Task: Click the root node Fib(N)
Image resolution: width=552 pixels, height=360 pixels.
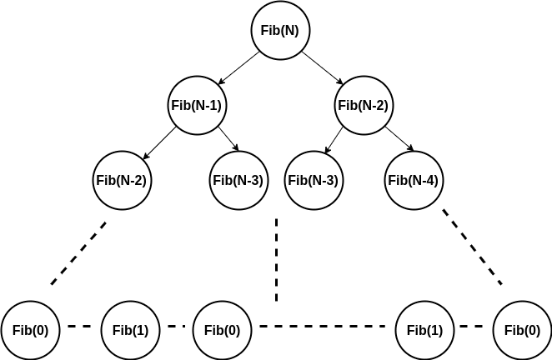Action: [281, 32]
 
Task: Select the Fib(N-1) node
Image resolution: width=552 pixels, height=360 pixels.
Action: [197, 106]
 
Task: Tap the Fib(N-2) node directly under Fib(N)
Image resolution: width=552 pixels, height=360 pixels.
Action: [364, 106]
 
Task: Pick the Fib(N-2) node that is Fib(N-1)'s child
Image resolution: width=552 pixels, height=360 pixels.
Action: [122, 179]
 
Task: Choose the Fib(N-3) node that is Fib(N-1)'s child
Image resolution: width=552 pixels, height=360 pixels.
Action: [238, 179]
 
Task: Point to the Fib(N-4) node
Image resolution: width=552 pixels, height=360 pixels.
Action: [414, 179]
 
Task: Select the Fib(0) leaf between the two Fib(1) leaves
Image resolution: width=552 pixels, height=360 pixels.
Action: [222, 329]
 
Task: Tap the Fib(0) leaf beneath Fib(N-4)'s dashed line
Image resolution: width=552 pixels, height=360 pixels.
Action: [522, 329]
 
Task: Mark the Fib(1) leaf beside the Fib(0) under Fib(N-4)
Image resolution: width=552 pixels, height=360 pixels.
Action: [424, 329]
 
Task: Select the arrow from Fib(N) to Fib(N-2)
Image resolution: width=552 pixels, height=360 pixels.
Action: [322, 68]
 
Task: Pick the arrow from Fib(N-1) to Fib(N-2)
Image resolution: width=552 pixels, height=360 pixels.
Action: [159, 142]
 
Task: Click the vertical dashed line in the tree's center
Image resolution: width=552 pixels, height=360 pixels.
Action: [276, 260]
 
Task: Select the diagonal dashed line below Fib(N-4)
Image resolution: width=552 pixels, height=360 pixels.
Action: [472, 247]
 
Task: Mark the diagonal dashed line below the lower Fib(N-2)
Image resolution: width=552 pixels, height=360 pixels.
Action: [78, 252]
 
